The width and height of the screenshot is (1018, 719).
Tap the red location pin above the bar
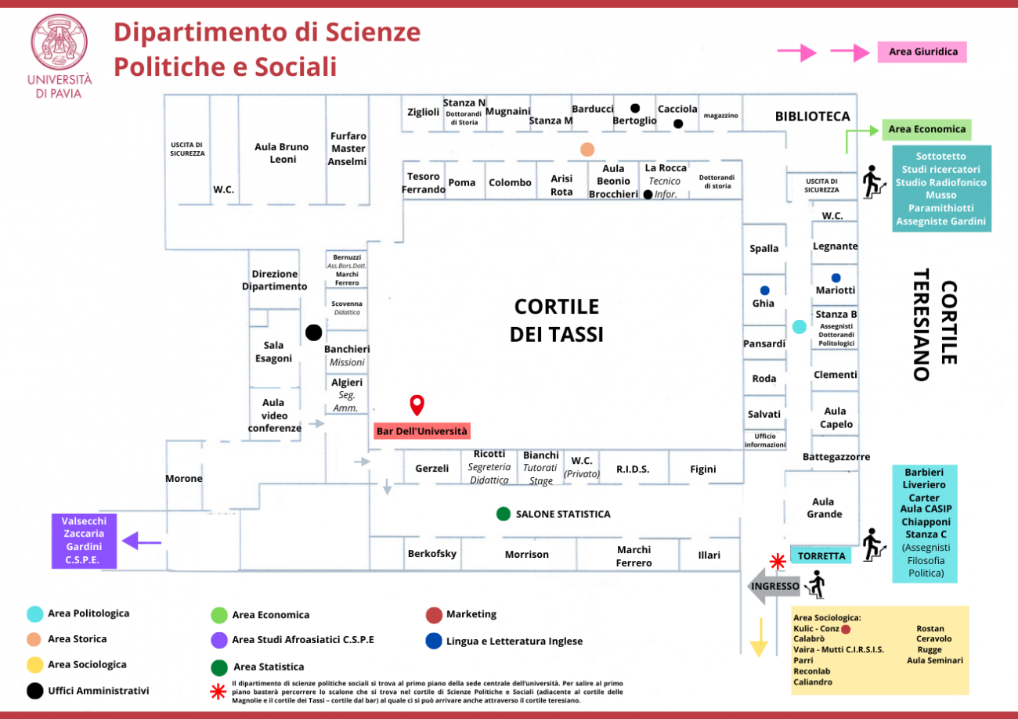(x=417, y=404)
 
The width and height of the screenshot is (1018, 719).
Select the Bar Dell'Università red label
(x=421, y=431)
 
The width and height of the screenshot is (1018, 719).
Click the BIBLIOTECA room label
(x=812, y=116)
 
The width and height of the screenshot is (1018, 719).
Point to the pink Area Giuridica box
(x=922, y=52)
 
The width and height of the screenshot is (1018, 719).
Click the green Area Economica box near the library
(x=926, y=129)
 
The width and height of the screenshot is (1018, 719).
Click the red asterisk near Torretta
(x=778, y=561)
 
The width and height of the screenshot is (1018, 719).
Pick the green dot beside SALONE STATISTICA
(x=504, y=514)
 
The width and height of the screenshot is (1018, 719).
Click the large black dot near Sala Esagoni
(x=314, y=333)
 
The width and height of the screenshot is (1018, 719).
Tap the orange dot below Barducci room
(x=587, y=149)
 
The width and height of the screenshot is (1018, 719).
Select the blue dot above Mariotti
(x=836, y=278)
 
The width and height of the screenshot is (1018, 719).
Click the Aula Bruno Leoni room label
(x=282, y=153)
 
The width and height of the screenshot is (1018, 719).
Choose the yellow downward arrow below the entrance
(x=758, y=638)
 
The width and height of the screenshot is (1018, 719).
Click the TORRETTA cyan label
(x=821, y=556)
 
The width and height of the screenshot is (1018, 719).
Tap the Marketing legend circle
(x=433, y=614)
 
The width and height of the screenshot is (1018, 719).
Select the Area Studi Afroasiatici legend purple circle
(x=218, y=639)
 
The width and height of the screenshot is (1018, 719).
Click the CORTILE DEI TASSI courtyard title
(x=556, y=319)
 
